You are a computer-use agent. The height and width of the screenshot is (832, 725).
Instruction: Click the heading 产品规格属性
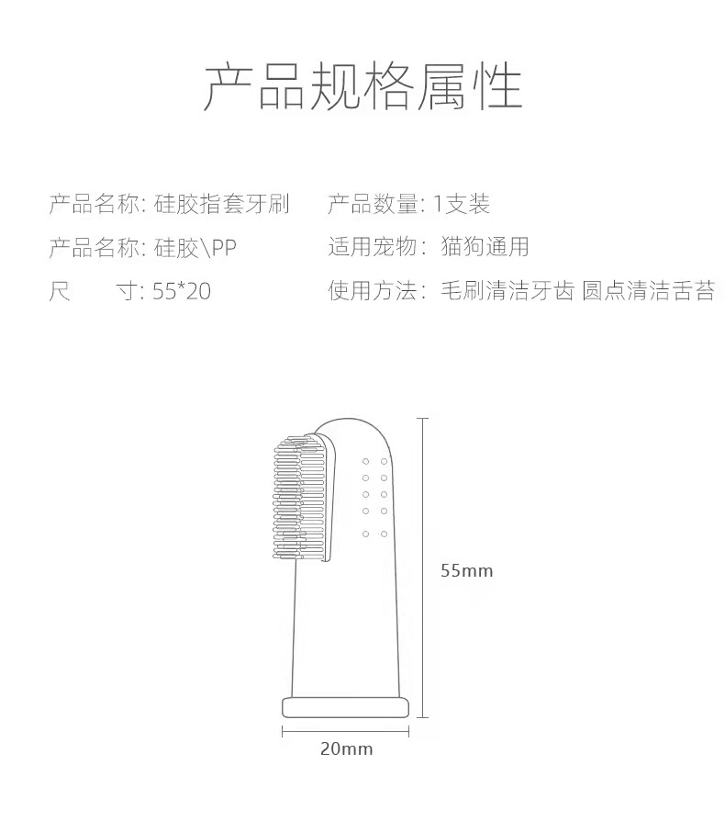point(362,86)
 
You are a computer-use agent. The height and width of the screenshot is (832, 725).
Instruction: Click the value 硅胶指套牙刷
point(222,204)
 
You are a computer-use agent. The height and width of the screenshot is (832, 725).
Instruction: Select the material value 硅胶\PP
point(195,248)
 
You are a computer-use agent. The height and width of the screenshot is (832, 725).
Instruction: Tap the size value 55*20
point(182,291)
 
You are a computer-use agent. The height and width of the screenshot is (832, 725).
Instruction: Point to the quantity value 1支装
point(462,204)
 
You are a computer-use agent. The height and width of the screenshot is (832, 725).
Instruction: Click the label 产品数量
point(373,204)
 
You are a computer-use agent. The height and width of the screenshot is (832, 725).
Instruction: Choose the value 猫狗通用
point(485,247)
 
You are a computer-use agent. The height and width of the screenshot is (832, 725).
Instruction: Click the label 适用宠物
point(373,247)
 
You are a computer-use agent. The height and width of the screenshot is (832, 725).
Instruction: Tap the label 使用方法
point(373,291)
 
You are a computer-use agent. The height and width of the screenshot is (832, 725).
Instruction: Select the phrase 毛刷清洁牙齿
point(507,291)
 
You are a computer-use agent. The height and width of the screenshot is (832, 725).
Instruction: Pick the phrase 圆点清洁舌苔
point(649,291)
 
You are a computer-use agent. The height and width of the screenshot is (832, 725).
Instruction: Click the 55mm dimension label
point(467,571)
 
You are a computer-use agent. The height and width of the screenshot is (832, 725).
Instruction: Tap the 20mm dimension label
point(346,748)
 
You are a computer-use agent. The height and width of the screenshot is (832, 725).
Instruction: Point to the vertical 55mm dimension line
point(423,568)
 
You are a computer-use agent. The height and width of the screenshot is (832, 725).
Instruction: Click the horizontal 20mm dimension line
point(345,732)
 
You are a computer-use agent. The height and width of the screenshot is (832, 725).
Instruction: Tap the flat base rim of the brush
point(345,708)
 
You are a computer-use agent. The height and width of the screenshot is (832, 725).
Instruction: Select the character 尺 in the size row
point(60,291)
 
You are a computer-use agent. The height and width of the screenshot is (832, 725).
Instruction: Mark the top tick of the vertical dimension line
point(423,419)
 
